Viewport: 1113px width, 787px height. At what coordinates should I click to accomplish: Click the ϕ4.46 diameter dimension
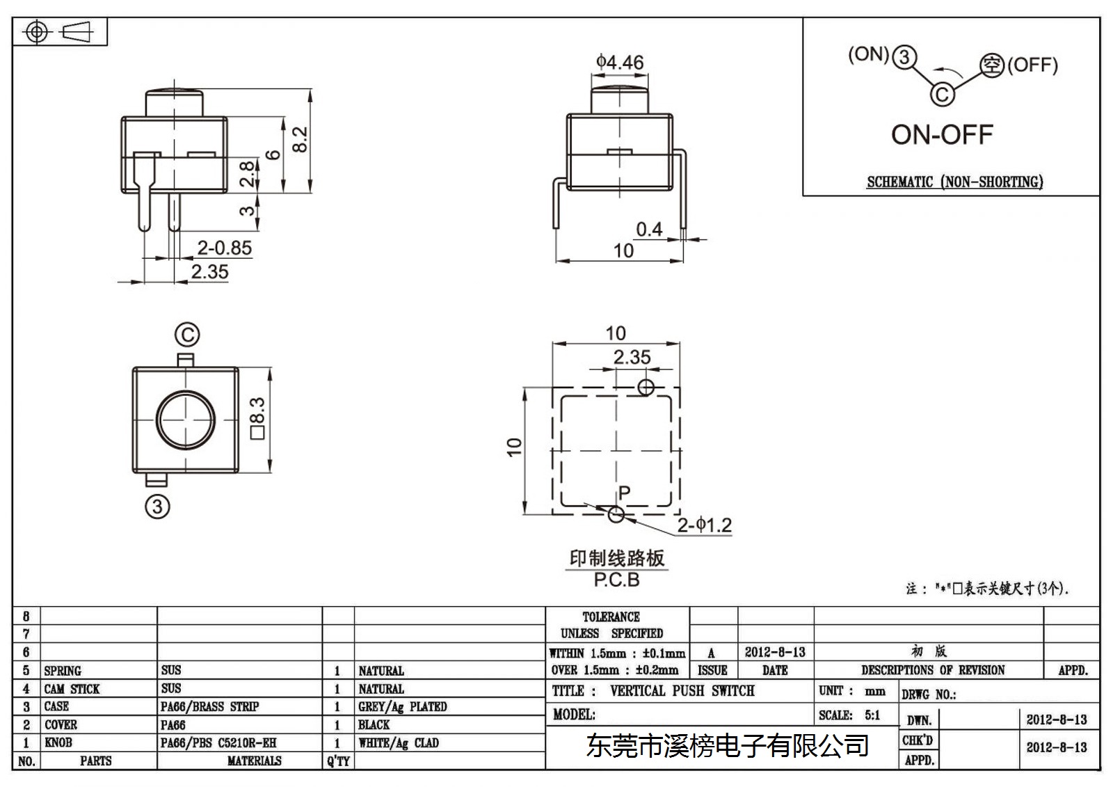point(620,62)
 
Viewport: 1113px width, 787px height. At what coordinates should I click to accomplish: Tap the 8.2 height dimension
point(300,139)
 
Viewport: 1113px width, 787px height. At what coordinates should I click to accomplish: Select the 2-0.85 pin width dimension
point(225,248)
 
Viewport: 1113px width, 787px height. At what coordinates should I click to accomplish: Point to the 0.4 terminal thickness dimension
point(650,229)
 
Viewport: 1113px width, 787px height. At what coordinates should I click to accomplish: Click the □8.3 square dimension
point(258,419)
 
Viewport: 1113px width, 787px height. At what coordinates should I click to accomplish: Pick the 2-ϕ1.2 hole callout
point(705,525)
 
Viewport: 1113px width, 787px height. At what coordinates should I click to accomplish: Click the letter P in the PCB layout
point(625,492)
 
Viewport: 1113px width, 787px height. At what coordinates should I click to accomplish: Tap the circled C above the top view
point(187,335)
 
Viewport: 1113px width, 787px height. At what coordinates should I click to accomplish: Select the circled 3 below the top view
point(157,507)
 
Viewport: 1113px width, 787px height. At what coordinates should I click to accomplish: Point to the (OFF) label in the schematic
point(1032,65)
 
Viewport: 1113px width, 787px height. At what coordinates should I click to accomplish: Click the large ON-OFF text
point(942,135)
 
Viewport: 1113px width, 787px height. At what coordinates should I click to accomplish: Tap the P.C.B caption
point(616,580)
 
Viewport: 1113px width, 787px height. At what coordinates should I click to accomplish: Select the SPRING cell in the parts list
point(63,671)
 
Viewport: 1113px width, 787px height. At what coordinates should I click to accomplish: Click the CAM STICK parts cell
point(72,689)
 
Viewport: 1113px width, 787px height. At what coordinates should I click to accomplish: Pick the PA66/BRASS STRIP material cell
point(209,706)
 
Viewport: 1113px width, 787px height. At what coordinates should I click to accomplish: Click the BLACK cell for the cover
point(374,725)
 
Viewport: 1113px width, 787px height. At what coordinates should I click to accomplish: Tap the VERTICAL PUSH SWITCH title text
point(682,691)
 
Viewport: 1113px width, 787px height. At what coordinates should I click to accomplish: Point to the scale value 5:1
point(872,715)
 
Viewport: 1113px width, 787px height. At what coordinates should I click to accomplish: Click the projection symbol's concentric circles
point(36,32)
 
